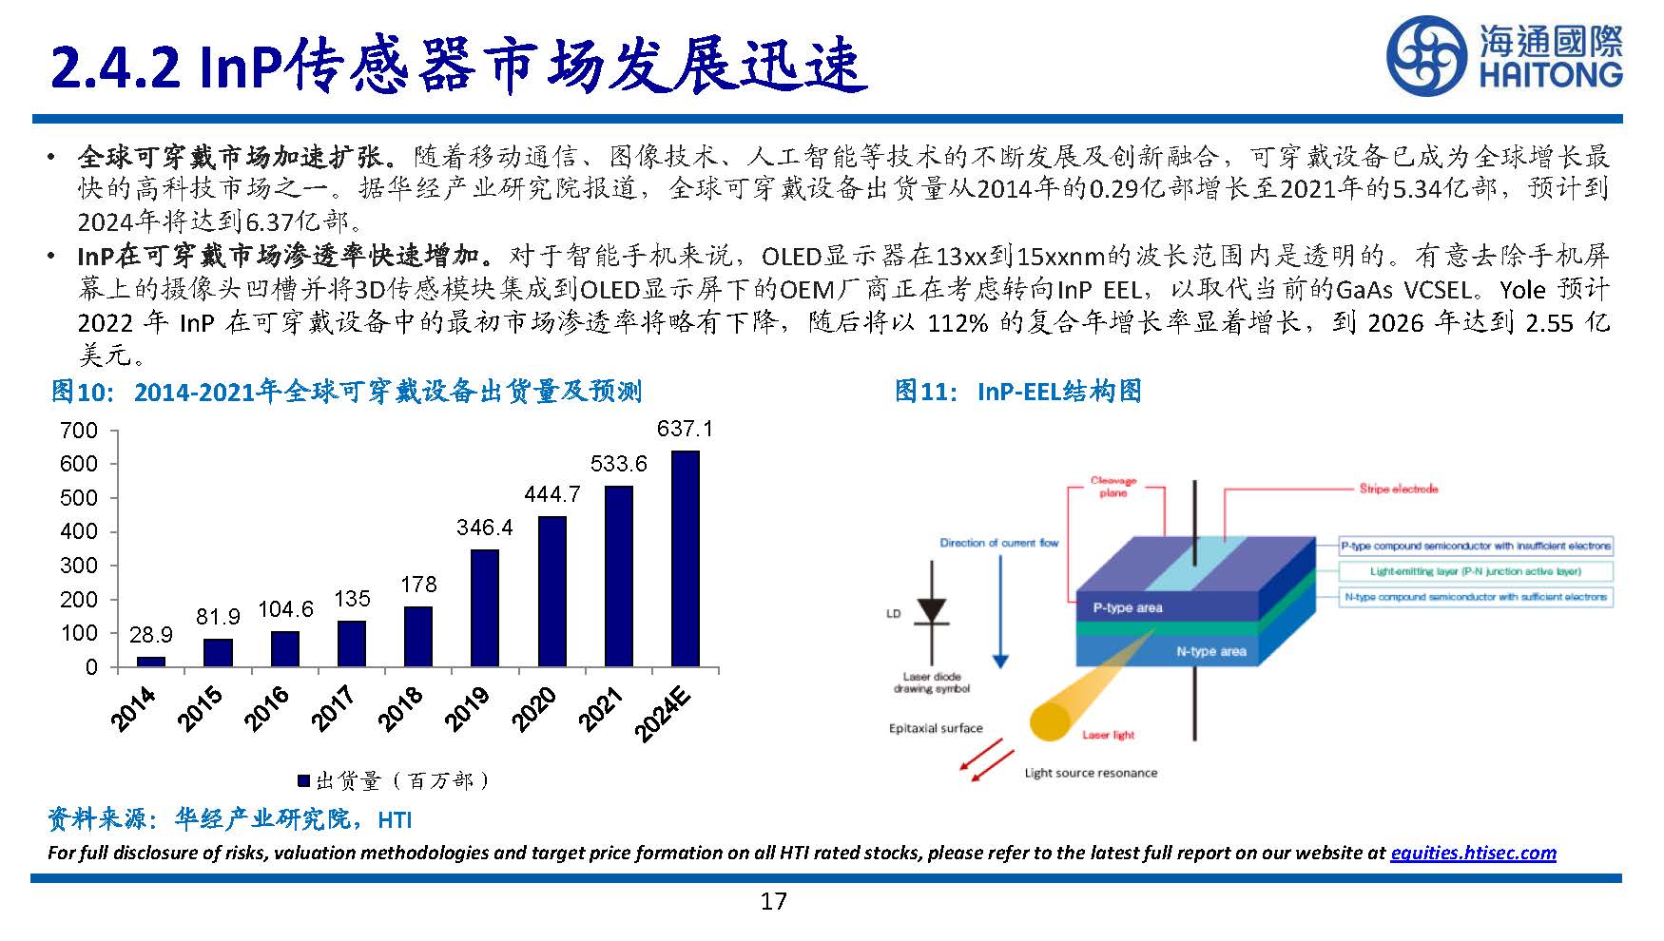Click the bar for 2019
485,607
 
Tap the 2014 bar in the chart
150,661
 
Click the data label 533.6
618,464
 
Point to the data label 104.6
285,609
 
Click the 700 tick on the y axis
79,431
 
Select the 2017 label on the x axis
334,708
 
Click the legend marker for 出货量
304,781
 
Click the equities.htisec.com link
1473,853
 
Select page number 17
773,901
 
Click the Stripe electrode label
1398,489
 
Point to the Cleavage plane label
1113,487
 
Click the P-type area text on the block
1128,607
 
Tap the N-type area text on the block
1210,651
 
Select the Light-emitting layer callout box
1475,571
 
